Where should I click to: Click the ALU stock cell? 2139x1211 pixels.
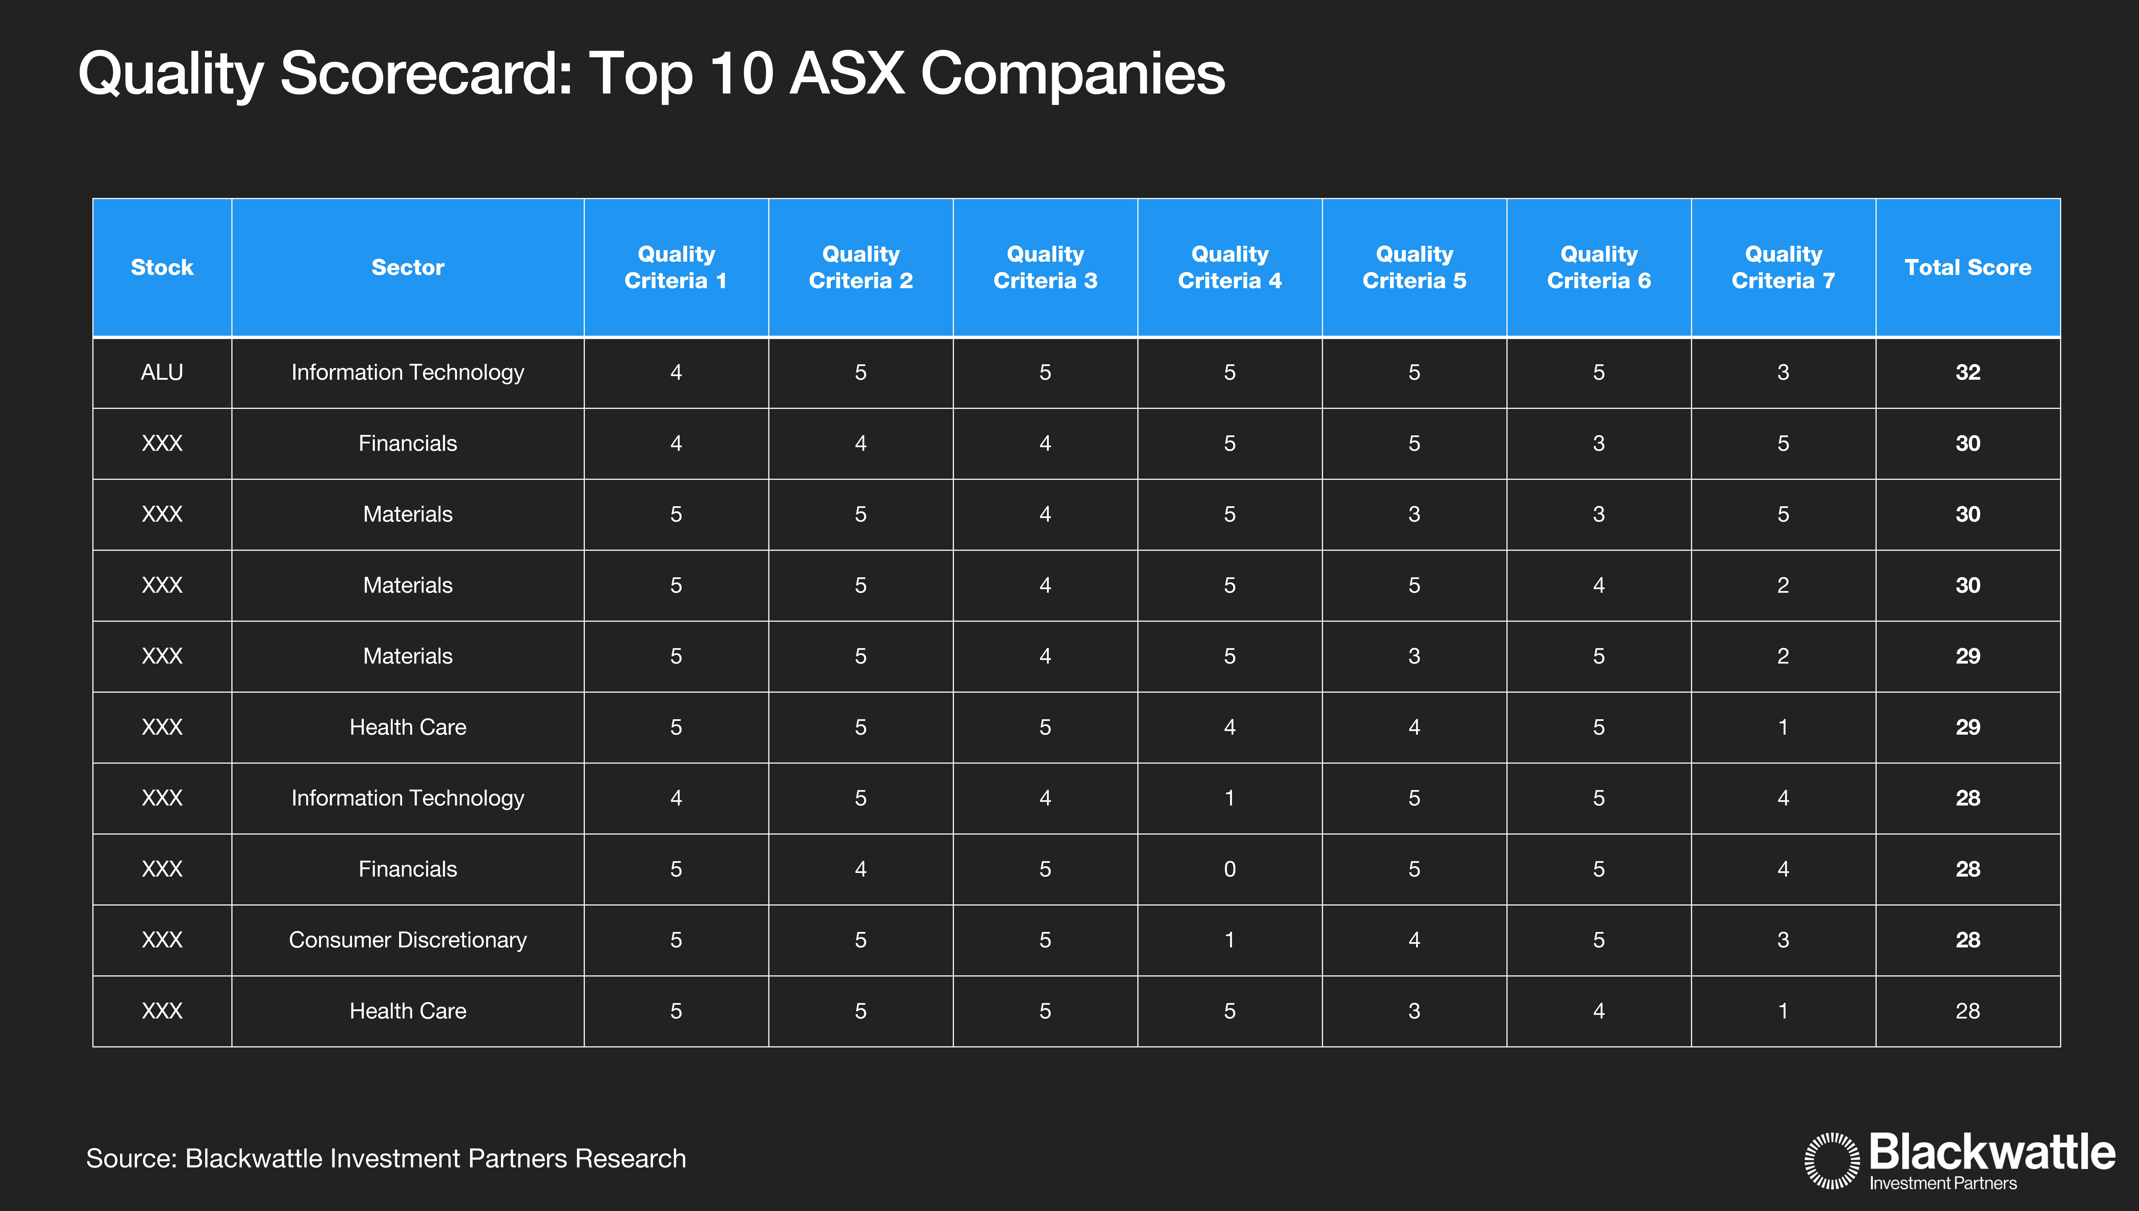[x=161, y=373]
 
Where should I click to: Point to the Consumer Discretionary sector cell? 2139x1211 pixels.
[x=408, y=940]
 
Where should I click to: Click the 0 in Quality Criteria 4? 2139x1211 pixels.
[x=1230, y=869]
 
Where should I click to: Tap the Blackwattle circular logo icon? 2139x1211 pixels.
[x=1831, y=1160]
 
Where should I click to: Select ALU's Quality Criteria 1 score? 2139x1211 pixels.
[x=676, y=373]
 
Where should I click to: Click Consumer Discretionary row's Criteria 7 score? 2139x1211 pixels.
[x=1783, y=940]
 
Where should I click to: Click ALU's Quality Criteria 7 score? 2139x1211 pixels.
[x=1783, y=373]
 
